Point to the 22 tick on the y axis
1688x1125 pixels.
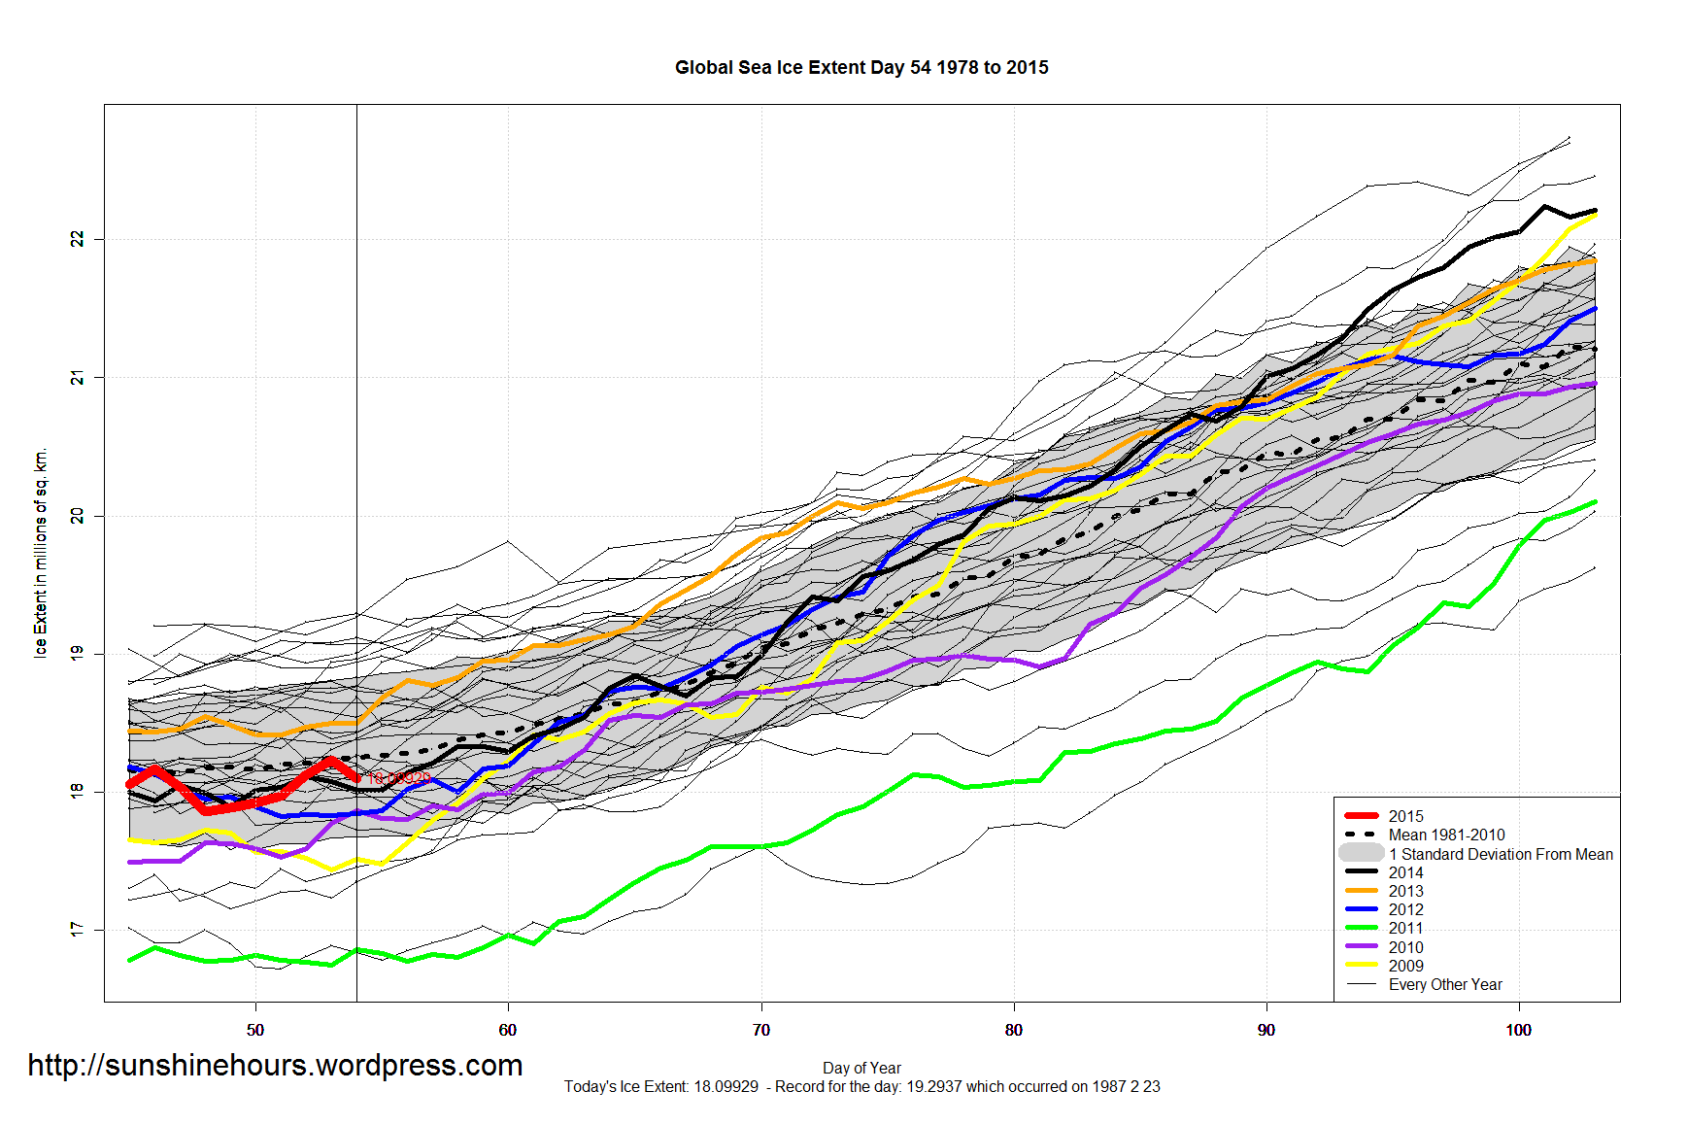tap(78, 239)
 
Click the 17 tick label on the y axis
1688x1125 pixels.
tap(78, 931)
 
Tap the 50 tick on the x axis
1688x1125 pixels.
tap(255, 1030)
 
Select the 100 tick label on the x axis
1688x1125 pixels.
tap(1519, 1030)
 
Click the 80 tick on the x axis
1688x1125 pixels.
tap(1014, 1030)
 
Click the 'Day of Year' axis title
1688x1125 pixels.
tap(861, 1068)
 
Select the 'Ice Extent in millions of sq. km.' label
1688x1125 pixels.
tap(41, 554)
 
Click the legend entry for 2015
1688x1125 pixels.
tap(1405, 816)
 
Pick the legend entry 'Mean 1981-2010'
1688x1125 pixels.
tap(1446, 835)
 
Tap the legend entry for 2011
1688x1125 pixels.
tap(1405, 928)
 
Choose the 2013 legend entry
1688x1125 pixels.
tap(1405, 891)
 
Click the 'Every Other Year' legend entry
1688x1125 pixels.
tap(1445, 984)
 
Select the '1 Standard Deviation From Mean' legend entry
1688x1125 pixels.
tap(1501, 854)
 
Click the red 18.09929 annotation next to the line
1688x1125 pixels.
tap(398, 778)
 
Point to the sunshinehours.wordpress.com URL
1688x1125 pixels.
tap(275, 1066)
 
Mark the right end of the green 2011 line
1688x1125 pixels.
tap(1595, 502)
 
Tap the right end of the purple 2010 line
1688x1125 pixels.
tap(1595, 384)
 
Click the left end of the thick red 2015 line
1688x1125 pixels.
tap(130, 783)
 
